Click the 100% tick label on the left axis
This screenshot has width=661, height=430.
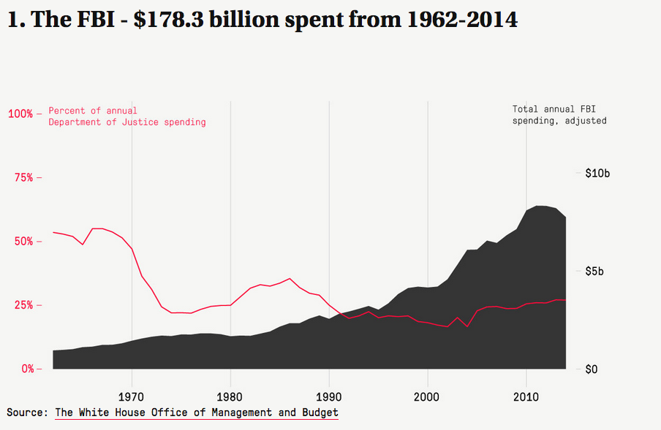[x=20, y=114]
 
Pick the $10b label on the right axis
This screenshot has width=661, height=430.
[x=597, y=174]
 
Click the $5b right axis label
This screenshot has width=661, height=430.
[x=594, y=272]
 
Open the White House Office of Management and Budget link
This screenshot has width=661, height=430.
[x=197, y=413]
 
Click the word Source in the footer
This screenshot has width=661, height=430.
[x=26, y=413]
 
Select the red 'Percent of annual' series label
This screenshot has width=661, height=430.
[x=93, y=111]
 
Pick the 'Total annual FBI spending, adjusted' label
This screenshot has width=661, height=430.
[x=559, y=115]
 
